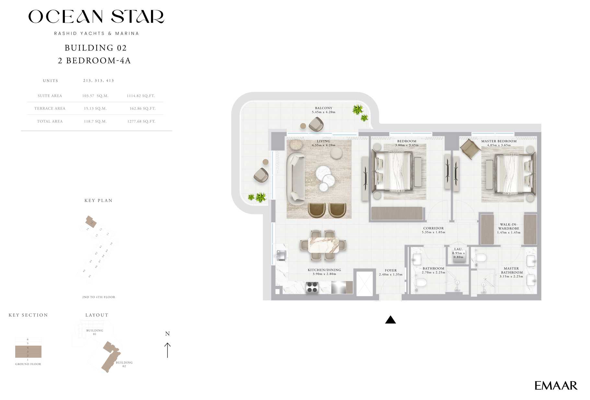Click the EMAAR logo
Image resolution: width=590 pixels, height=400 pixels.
(555, 385)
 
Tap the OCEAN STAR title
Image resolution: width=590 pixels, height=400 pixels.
(96, 17)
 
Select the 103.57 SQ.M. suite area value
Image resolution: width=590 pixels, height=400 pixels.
(95, 96)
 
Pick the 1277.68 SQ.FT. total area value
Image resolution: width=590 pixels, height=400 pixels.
(141, 121)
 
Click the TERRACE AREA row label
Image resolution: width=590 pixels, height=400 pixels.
(50, 109)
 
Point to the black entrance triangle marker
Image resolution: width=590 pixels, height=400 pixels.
(390, 320)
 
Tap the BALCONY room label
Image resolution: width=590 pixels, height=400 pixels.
(323, 108)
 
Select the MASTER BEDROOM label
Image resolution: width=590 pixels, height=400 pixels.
(499, 141)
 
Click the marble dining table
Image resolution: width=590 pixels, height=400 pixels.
(323, 245)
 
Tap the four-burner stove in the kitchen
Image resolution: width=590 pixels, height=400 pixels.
(312, 287)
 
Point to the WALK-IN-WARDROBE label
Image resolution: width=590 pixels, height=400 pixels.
(509, 226)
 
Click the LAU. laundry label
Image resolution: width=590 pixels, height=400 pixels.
(458, 249)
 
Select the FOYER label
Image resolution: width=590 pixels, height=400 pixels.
(391, 270)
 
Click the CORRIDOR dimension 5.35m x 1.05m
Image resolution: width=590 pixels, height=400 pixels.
(434, 232)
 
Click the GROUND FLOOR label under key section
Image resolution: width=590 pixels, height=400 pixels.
(28, 364)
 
